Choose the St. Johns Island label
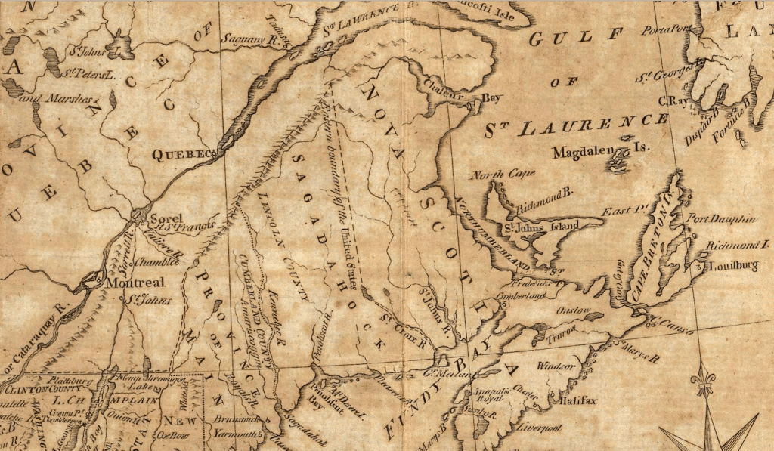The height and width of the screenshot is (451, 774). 542,225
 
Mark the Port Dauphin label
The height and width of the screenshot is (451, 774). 721,218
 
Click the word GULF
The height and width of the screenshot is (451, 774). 576,38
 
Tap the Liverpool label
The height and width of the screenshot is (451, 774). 542,428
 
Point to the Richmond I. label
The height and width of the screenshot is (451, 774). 737,246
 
